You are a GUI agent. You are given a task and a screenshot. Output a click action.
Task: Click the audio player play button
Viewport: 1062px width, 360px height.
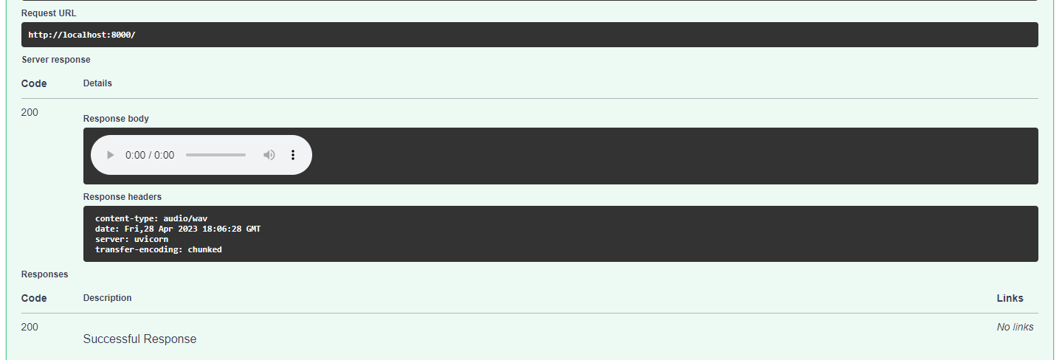pos(111,155)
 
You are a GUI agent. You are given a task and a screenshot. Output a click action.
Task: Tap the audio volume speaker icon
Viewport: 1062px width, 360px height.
pos(269,155)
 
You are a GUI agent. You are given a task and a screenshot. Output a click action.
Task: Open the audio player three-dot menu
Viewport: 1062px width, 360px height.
pos(293,155)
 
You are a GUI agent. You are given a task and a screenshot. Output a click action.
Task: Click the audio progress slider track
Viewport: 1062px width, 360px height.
pos(215,155)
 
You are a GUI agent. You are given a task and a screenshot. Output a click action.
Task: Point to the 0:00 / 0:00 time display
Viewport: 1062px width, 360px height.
pos(150,155)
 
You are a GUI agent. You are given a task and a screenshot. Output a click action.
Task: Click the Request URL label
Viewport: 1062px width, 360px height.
pos(49,13)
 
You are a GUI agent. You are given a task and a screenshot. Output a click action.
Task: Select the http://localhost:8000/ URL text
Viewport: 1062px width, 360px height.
pos(82,35)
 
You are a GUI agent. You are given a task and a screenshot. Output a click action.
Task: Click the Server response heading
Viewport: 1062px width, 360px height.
pos(56,59)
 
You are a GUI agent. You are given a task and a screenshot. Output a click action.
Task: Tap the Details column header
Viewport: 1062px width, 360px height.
pos(97,83)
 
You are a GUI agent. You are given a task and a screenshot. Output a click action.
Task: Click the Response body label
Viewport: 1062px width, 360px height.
pos(116,118)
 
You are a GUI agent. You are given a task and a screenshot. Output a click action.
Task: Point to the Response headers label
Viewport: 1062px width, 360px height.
pos(123,197)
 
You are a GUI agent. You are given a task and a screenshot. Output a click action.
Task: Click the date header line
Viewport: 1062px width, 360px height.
pos(178,229)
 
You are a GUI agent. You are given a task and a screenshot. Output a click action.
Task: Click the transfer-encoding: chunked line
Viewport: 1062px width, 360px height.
pos(159,249)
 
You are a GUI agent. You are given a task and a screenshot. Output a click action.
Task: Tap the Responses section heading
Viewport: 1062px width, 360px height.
pos(44,274)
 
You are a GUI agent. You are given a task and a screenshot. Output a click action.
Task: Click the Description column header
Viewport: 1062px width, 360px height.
pos(108,298)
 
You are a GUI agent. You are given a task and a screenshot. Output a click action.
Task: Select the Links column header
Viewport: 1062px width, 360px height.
pos(1010,298)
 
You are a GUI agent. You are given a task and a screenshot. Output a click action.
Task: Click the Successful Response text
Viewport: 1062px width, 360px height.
pos(139,339)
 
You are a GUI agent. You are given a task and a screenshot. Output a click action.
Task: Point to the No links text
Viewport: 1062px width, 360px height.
pos(1015,327)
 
